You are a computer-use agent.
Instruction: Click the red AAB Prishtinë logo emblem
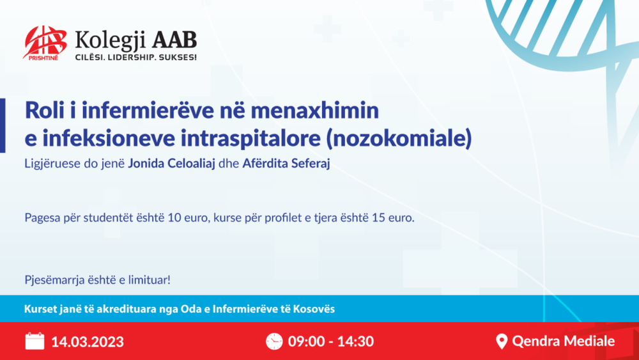[x=44, y=43]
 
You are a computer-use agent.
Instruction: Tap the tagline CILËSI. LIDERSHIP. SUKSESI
[x=135, y=57]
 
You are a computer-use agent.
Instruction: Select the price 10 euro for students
[x=183, y=218]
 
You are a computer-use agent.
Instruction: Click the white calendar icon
[x=35, y=341]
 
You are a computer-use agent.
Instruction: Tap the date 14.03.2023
[x=88, y=341]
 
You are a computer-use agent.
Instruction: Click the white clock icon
[x=274, y=341]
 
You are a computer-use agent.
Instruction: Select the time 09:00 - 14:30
[x=330, y=341]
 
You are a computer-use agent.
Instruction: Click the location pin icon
[x=502, y=341]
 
